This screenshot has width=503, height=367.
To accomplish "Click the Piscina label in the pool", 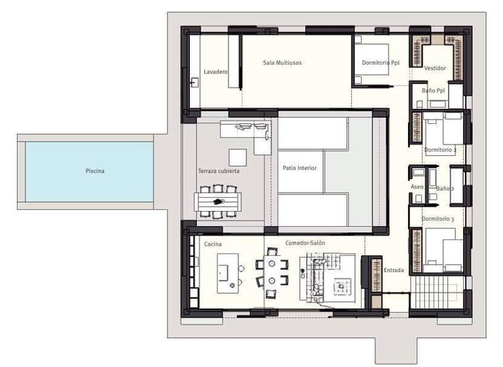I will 95,171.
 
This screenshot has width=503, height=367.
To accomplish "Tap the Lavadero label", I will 215,71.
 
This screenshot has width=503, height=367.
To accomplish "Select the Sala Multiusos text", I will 282,63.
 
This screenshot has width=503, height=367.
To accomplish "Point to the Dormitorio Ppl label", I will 381,63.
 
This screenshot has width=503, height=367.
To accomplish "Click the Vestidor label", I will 435,68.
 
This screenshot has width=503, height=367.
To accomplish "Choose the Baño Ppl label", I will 434,90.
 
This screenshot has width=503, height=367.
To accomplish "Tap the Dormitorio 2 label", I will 440,150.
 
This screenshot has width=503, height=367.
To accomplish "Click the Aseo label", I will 417,187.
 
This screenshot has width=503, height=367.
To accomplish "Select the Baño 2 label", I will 445,188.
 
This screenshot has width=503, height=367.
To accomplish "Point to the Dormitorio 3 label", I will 438,218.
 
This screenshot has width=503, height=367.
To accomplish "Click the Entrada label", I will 394,270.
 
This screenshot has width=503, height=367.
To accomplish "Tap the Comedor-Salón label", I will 305,243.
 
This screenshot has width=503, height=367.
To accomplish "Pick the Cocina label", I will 213,244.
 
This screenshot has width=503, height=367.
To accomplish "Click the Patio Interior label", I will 299,168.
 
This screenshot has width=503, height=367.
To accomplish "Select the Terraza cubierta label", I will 219,171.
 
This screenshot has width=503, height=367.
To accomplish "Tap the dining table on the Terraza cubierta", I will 219,200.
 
